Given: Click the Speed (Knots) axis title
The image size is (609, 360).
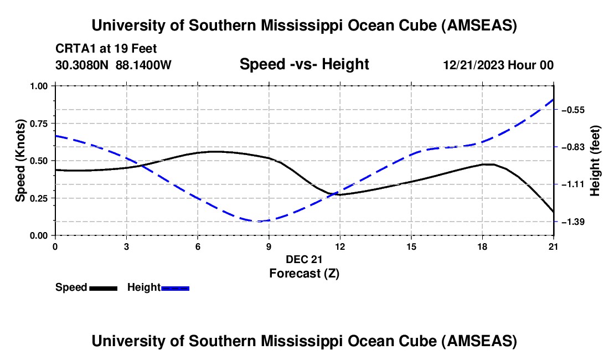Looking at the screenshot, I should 20,161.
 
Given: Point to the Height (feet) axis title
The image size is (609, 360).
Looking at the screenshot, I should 595,161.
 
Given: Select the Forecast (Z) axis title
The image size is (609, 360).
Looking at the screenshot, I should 304,273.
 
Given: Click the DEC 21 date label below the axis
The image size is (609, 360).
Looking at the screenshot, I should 304,259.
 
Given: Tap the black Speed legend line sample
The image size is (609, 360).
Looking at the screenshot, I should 104,288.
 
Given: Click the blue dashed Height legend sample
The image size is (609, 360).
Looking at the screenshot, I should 176,288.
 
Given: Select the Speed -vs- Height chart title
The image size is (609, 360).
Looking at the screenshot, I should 304,64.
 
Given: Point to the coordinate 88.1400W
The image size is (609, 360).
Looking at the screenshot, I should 144,65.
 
